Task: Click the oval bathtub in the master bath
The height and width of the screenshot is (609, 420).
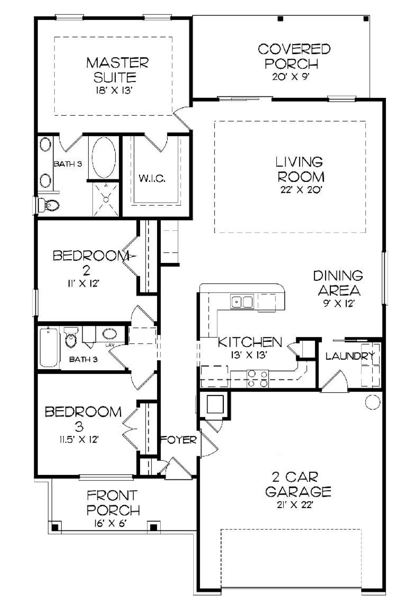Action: [104, 158]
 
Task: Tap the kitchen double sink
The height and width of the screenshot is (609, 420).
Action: [242, 302]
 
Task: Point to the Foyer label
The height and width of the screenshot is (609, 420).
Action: [179, 440]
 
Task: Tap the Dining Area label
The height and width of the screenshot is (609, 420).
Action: [338, 283]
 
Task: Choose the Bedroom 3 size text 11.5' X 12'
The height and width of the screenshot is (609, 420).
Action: [79, 440]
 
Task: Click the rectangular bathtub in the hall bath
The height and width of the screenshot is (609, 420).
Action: [48, 347]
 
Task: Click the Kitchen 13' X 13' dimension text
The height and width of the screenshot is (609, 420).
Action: [249, 355]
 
